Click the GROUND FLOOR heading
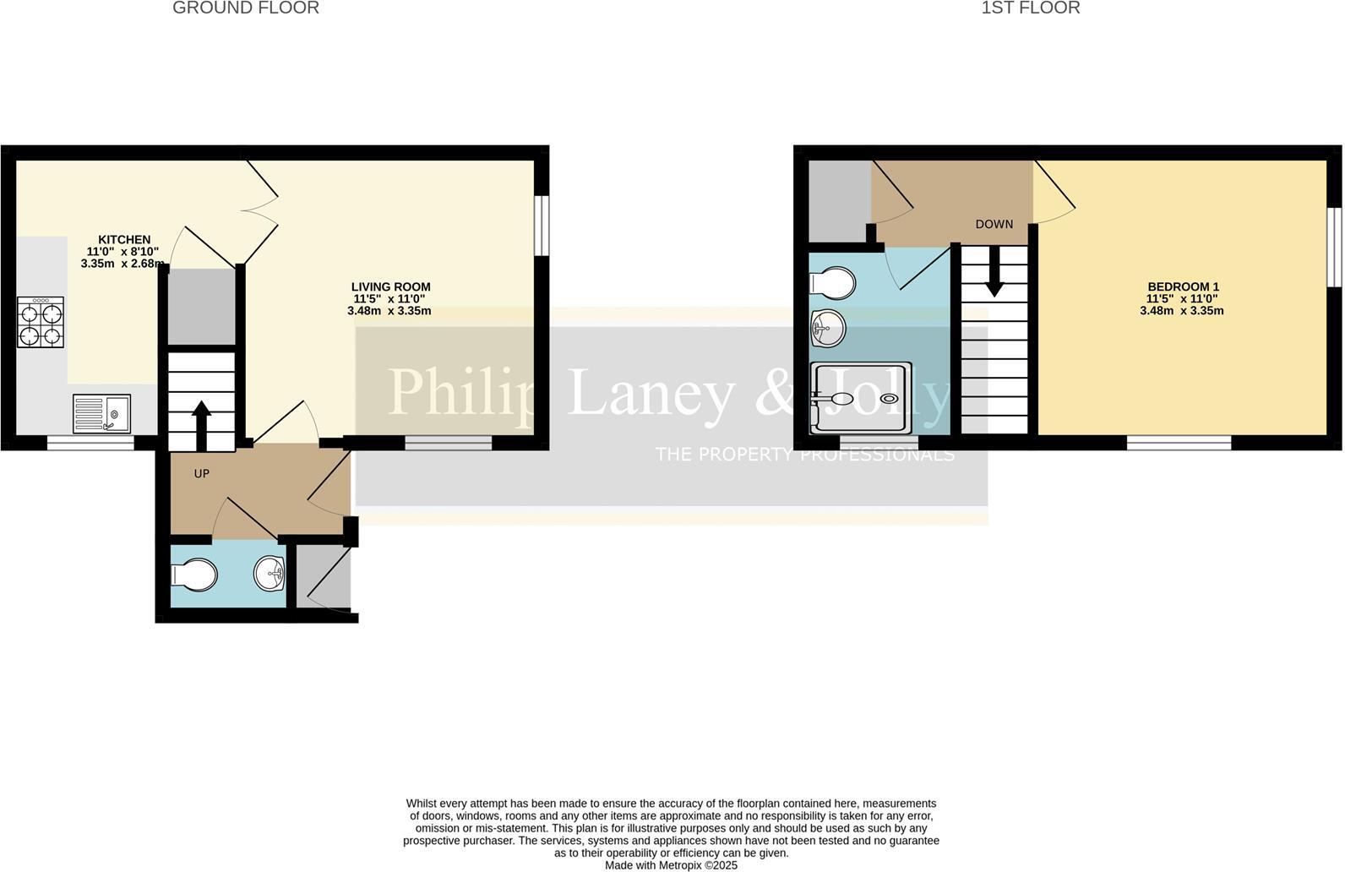[x=246, y=8]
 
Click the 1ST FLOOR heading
[x=1030, y=8]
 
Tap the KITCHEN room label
[x=124, y=240]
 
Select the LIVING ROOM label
[x=390, y=287]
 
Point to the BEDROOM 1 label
[x=1182, y=287]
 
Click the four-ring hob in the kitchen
[x=41, y=322]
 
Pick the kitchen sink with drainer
[x=101, y=413]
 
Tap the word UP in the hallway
[x=201, y=474]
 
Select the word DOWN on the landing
[x=994, y=225]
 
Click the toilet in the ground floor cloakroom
[x=194, y=576]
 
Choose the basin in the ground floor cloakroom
[x=270, y=575]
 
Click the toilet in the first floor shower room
[x=831, y=283]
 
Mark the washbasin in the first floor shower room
[x=827, y=328]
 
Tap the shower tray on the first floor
[x=861, y=398]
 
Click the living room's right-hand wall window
[x=542, y=225]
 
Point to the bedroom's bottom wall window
[x=1179, y=443]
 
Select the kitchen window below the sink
[x=90, y=443]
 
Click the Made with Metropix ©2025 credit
[x=671, y=865]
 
